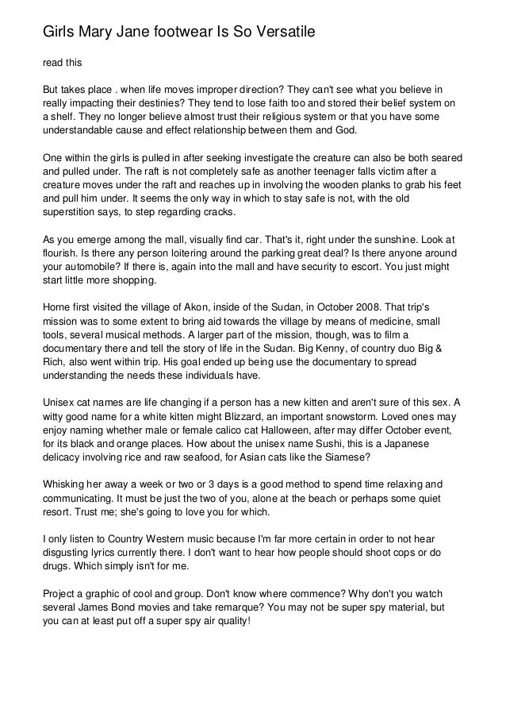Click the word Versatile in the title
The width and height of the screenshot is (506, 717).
pos(282,33)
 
